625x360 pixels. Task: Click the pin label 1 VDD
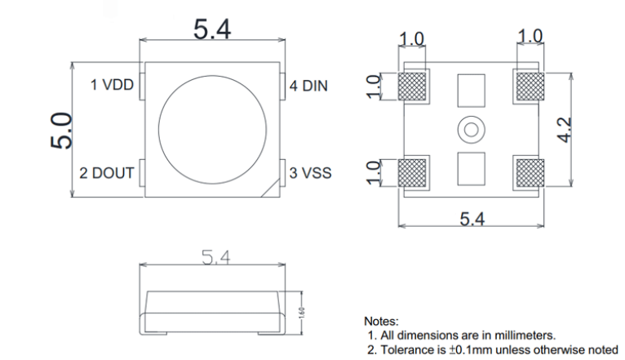pyautogui.click(x=112, y=85)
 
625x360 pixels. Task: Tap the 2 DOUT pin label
pyautogui.click(x=106, y=173)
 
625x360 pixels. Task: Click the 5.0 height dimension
pyautogui.click(x=62, y=131)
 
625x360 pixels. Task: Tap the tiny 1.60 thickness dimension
pyautogui.click(x=301, y=312)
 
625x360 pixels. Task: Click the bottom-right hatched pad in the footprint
pyautogui.click(x=530, y=173)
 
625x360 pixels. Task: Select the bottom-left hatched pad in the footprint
pyautogui.click(x=414, y=173)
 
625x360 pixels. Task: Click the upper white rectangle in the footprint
pyautogui.click(x=471, y=87)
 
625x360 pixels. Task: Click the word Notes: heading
pyautogui.click(x=381, y=321)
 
